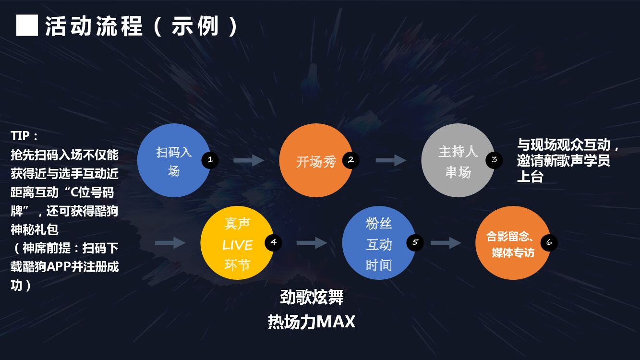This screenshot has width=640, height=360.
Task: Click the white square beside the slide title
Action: click(27, 25)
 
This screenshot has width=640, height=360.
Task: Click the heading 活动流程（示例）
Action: click(142, 26)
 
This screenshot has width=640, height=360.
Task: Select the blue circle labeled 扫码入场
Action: click(173, 160)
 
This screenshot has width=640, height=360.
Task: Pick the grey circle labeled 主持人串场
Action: click(458, 160)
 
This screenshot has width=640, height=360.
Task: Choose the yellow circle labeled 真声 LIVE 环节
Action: click(237, 243)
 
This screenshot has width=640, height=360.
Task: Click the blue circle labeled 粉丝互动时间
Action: click(379, 243)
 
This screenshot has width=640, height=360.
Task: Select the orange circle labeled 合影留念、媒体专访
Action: click(512, 243)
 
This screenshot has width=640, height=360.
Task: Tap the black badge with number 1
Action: click(210, 160)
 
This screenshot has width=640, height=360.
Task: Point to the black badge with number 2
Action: click(351, 160)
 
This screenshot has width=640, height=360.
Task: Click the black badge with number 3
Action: click(494, 160)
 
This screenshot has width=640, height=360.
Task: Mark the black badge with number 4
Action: click(273, 242)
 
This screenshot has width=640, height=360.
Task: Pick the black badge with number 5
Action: click(415, 242)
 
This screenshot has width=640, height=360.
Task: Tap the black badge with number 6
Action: click(549, 242)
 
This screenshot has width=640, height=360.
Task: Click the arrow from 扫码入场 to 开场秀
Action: click(249, 160)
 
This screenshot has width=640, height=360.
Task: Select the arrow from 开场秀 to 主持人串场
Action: click(391, 160)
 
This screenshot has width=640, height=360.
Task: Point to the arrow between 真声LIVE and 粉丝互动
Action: click(312, 243)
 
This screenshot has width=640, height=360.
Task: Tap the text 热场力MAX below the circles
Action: click(312, 321)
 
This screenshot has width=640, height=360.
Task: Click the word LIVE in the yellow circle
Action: click(237, 245)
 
